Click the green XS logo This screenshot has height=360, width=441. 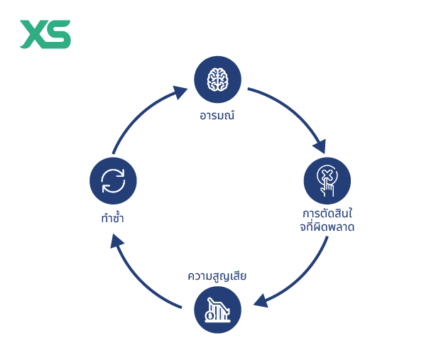click(x=45, y=34)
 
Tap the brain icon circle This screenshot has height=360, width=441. click(x=217, y=80)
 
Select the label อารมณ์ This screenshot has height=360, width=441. click(x=217, y=115)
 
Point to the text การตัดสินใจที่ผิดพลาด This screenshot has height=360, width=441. click(x=327, y=220)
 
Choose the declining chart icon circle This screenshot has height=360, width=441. click(x=217, y=310)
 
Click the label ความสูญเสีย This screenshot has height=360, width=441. click(x=217, y=276)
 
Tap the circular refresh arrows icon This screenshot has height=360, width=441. click(x=113, y=181)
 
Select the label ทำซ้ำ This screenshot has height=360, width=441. click(x=112, y=218)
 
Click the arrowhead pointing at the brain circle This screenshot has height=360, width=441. click(x=180, y=92)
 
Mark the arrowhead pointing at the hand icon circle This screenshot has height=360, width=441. click(x=320, y=146)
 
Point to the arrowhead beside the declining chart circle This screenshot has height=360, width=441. click(x=261, y=301)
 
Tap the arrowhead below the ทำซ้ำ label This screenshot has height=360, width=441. click(x=116, y=241)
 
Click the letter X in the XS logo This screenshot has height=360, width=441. click(x=33, y=34)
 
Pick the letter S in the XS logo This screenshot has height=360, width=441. click(x=58, y=34)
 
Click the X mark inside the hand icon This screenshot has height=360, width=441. click(x=327, y=175)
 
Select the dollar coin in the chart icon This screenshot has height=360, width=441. click(x=209, y=316)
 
